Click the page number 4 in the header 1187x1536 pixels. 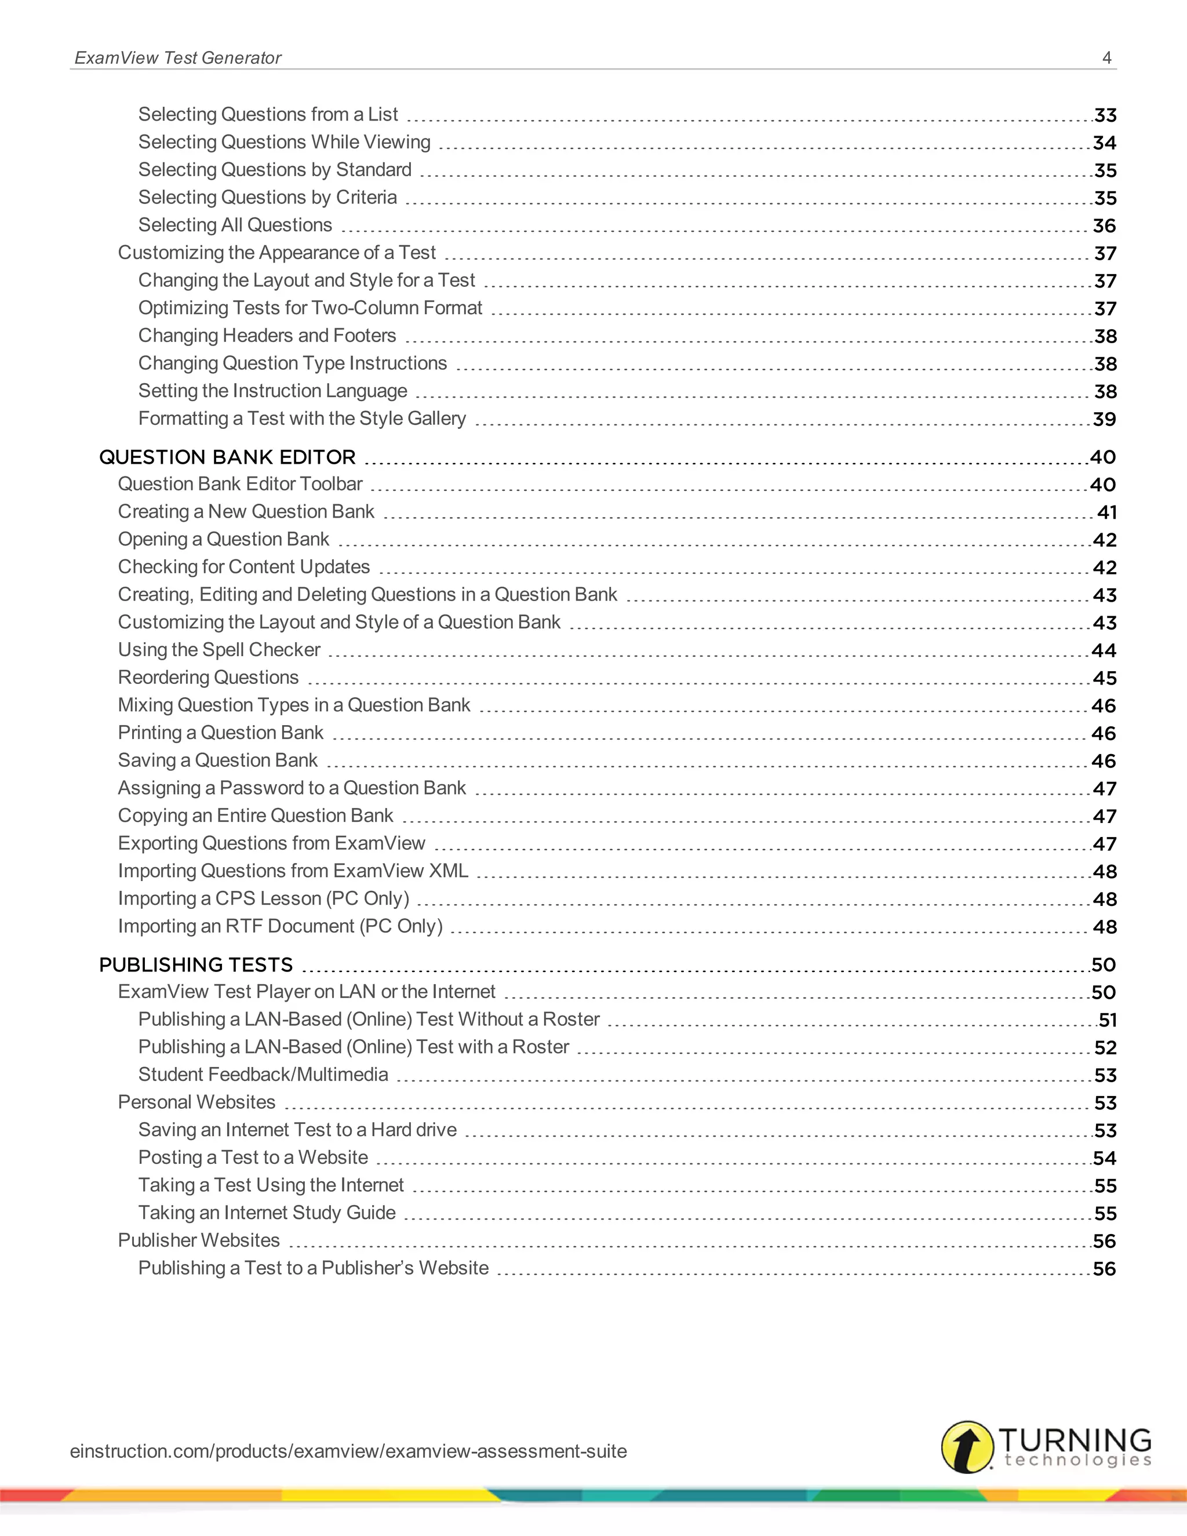pyautogui.click(x=1106, y=57)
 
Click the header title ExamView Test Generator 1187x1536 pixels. pyautogui.click(x=178, y=57)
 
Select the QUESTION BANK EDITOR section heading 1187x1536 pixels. pyautogui.click(x=227, y=457)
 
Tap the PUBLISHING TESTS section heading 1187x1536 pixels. pyautogui.click(x=195, y=965)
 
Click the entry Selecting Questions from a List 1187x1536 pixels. pyautogui.click(x=268, y=115)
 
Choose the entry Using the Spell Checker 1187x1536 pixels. pyautogui.click(x=219, y=650)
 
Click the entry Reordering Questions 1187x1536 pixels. pyautogui.click(x=208, y=677)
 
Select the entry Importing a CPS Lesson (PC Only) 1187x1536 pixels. pyautogui.click(x=263, y=899)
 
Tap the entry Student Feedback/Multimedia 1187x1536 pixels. pyautogui.click(x=263, y=1075)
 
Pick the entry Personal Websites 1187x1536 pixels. pyautogui.click(x=196, y=1102)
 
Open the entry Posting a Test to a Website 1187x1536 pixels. pyautogui.click(x=253, y=1158)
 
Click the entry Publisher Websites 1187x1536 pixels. pyautogui.click(x=198, y=1240)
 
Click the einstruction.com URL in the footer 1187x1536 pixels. pyautogui.click(x=348, y=1451)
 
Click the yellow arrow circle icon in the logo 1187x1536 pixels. pyautogui.click(x=967, y=1447)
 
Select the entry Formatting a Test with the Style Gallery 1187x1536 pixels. pyautogui.click(x=301, y=418)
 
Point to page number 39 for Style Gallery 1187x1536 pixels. pyautogui.click(x=1104, y=420)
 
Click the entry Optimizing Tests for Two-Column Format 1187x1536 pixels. pyautogui.click(x=310, y=308)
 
